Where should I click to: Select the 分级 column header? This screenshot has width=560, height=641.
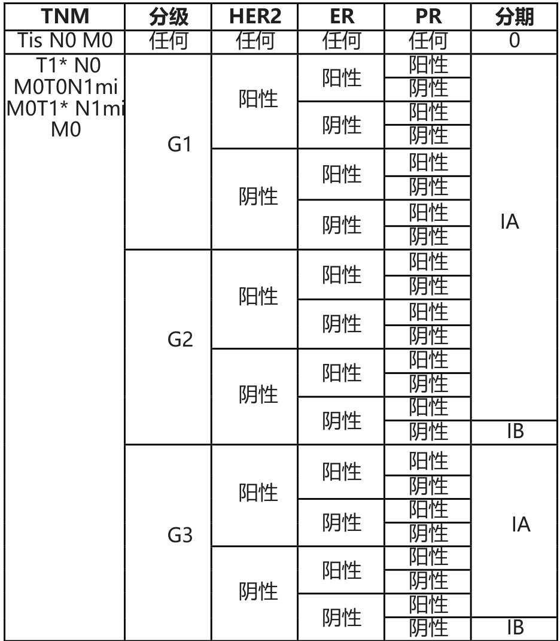168,17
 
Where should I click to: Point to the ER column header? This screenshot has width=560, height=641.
342,17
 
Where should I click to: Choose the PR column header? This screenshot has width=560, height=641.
428,17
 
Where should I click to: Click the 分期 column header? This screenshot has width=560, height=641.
515,17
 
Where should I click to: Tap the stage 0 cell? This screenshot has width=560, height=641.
515,41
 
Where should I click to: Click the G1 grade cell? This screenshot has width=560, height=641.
180,145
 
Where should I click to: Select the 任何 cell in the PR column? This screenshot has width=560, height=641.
428,41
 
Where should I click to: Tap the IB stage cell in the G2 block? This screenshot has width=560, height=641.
515,432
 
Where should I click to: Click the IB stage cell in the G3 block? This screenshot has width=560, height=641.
515,627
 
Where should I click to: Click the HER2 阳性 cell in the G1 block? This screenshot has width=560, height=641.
258,99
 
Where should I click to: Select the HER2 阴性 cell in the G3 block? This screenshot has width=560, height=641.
258,592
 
